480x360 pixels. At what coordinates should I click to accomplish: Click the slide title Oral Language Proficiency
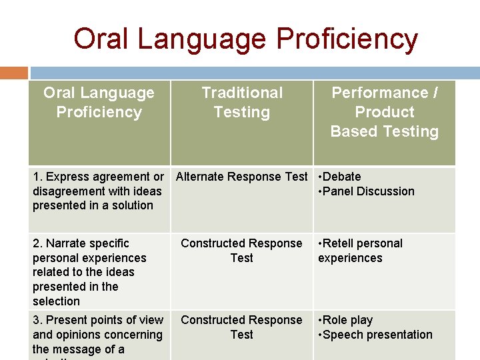coord(245,39)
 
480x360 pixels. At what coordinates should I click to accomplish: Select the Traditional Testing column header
coord(242,102)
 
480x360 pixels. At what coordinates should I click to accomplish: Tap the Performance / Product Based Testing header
coord(385,112)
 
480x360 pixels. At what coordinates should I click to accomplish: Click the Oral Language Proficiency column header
coord(99,102)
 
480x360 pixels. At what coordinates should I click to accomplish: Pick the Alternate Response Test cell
coord(241,177)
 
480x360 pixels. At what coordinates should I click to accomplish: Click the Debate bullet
coord(341,177)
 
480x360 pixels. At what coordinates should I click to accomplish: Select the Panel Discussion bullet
coord(367,191)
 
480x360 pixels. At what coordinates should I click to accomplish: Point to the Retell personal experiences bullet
coord(361,251)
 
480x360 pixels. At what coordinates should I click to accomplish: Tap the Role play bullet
coord(346,320)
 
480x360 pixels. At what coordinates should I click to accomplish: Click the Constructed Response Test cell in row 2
coord(241,251)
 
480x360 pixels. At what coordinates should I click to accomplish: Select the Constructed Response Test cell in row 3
coord(241,327)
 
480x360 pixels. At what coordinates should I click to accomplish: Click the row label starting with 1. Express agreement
coord(97,191)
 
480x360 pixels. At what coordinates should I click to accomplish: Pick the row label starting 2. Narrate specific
coord(89,272)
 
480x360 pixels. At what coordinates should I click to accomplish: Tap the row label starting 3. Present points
coord(97,335)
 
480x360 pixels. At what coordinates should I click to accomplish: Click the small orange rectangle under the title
coord(14,73)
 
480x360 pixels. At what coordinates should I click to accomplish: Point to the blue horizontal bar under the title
coord(253,73)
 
